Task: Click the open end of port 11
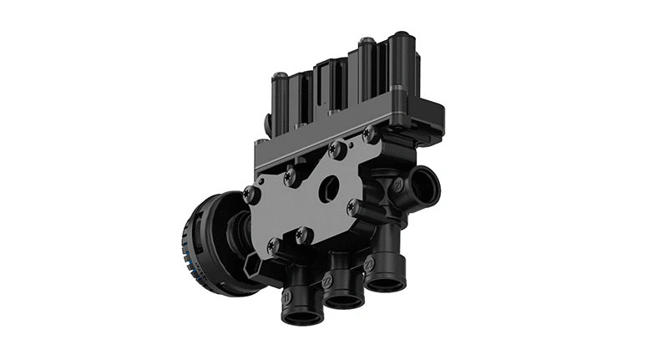pyautogui.click(x=301, y=317)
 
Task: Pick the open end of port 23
pyautogui.click(x=386, y=283)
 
